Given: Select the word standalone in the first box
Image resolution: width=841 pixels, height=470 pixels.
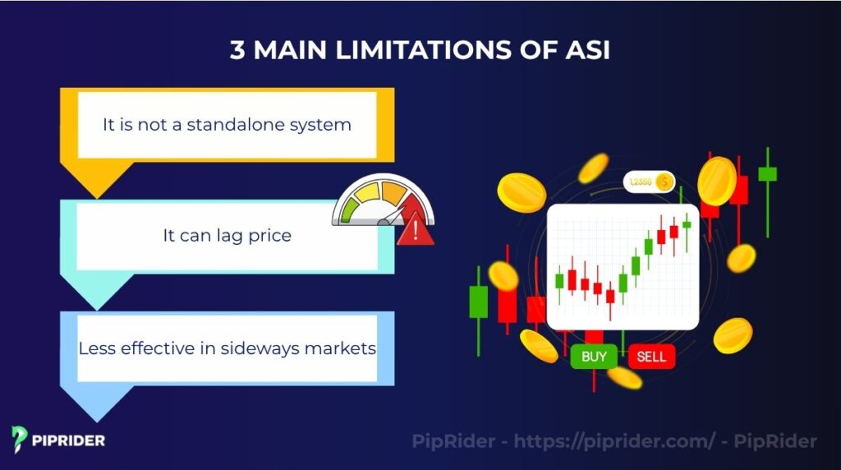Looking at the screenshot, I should pyautogui.click(x=241, y=125).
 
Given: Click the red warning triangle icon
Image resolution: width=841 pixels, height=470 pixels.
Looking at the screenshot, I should pyautogui.click(x=416, y=231).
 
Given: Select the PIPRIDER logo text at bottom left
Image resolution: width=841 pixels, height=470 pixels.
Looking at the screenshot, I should pyautogui.click(x=68, y=440).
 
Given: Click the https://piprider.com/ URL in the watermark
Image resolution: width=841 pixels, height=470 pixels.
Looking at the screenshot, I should pyautogui.click(x=614, y=441).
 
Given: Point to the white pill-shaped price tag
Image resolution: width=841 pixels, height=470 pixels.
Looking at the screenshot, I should pyautogui.click(x=648, y=182).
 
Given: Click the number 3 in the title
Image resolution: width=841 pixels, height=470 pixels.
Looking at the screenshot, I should pyautogui.click(x=238, y=50).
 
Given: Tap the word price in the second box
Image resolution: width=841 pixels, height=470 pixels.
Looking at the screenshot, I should pyautogui.click(x=266, y=236).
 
